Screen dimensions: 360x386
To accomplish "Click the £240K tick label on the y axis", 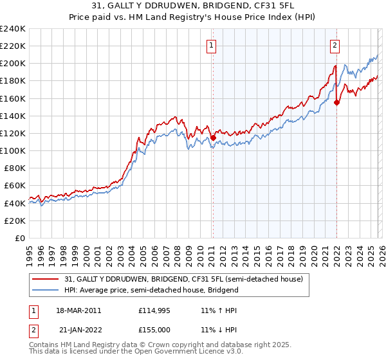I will click(12, 29).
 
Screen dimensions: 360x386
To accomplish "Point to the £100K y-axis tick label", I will click(12, 150).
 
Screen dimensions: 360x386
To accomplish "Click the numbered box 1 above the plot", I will click(212, 45).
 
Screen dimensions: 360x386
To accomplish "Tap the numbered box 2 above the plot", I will click(335, 45).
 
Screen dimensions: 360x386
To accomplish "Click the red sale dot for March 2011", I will click(213, 138).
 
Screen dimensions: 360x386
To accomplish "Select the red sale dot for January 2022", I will click(336, 102).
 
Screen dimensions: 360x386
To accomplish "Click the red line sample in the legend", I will click(46, 278).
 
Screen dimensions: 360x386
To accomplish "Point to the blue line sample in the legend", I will click(46, 290).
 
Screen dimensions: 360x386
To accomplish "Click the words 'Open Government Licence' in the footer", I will click(173, 353).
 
